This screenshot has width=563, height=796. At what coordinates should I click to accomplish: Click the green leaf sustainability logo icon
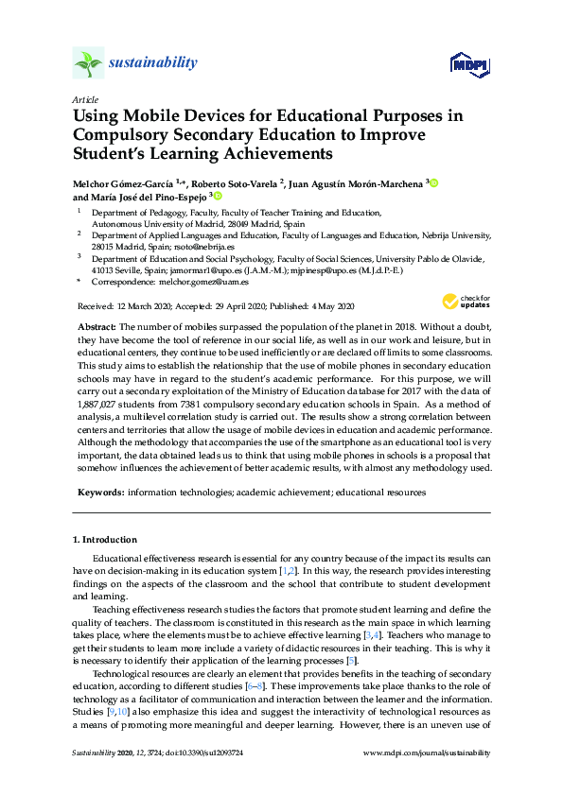[x=89, y=64]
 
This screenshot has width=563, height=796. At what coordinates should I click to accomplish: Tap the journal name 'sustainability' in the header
[x=154, y=63]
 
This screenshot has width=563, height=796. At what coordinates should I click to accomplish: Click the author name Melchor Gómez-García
[x=119, y=182]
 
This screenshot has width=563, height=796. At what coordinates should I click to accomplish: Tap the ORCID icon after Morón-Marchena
[x=435, y=182]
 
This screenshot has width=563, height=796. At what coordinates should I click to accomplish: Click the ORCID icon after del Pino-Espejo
[x=218, y=197]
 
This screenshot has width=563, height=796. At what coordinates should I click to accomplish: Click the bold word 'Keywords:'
[x=99, y=492]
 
